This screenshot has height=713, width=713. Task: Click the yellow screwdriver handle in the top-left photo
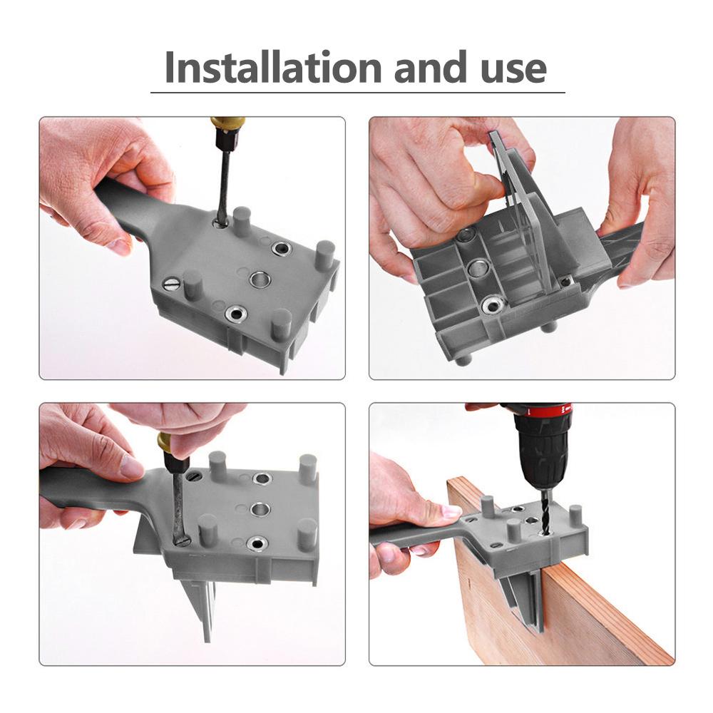227,130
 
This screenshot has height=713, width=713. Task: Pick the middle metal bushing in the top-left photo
261,279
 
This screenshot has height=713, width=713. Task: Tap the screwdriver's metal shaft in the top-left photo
225,185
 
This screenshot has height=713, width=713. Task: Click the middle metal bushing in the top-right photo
476,268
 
